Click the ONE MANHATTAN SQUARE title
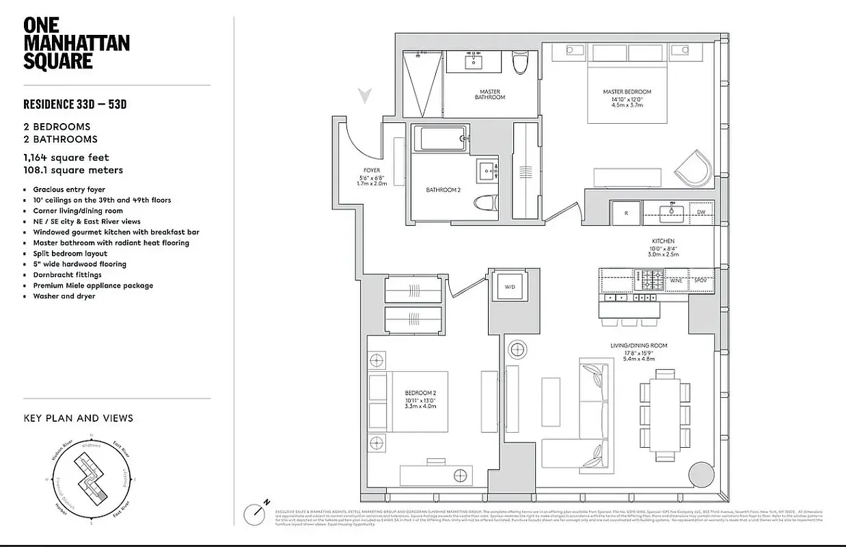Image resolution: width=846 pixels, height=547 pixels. click(76, 43)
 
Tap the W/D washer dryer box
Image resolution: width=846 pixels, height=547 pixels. click(510, 287)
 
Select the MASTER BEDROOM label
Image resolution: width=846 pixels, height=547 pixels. click(627, 92)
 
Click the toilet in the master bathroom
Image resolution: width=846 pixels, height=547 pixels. click(521, 64)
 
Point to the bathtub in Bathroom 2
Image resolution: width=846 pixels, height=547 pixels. click(443, 139)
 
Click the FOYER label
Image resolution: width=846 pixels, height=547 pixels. click(372, 170)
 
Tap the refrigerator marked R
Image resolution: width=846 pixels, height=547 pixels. click(625, 213)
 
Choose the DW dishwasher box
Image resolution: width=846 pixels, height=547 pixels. click(701, 213)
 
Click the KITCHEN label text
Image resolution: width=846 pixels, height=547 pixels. click(663, 241)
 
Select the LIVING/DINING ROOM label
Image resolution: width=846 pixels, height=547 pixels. click(638, 346)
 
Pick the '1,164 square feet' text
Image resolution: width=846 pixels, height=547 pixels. click(66, 157)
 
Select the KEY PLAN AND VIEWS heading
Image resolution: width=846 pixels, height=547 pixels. click(79, 418)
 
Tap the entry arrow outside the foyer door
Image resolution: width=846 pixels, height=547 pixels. click(367, 96)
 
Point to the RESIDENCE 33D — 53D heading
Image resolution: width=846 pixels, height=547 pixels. click(75, 105)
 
